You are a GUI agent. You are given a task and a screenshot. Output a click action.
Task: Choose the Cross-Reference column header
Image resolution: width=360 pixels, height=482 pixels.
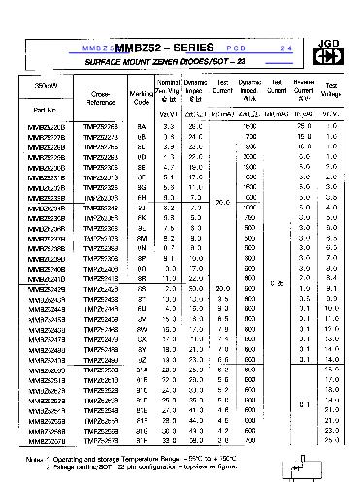pyautogui.click(x=101, y=97)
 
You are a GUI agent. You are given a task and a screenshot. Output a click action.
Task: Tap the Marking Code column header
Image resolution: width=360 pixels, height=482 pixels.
pyautogui.click(x=142, y=97)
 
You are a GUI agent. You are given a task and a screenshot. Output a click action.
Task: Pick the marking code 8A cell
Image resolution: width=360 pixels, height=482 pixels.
pyautogui.click(x=142, y=127)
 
